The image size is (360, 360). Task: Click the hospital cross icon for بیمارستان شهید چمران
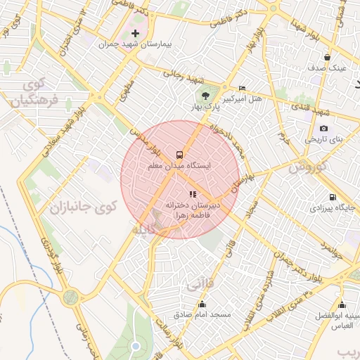(x=135, y=33)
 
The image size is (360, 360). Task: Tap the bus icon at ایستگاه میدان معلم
(x=180, y=154)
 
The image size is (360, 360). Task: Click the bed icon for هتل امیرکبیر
(x=243, y=88)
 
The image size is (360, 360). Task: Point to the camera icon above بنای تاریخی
(x=323, y=128)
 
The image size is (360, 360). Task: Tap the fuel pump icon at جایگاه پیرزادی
(x=332, y=197)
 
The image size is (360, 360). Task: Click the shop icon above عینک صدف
(x=327, y=57)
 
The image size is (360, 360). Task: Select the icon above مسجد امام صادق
(x=202, y=304)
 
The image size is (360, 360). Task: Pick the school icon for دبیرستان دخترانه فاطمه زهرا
(x=193, y=193)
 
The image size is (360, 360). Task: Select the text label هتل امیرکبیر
(x=243, y=99)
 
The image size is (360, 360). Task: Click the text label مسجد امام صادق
(x=202, y=315)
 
